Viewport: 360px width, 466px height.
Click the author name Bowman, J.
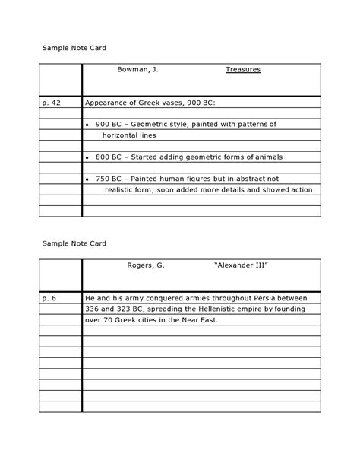coord(137,69)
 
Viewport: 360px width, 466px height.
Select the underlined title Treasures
coord(242,69)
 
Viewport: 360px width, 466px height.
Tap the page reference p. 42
coord(52,102)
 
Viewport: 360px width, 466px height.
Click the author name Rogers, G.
coord(145,265)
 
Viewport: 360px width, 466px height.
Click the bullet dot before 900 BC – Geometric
coord(89,124)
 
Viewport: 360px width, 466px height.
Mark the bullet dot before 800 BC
coord(89,157)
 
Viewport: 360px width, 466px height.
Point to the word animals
coord(265,157)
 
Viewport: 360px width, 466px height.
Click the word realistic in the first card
coord(122,190)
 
